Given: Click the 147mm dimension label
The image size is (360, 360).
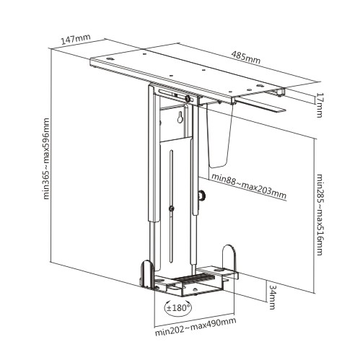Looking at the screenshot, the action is click(x=76, y=39).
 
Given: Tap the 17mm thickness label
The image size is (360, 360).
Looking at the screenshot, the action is click(x=319, y=105).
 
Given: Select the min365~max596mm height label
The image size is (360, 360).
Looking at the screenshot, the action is click(x=46, y=159).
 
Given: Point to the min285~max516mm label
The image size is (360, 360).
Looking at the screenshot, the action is click(x=320, y=214).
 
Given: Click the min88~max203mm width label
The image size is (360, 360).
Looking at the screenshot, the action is click(x=249, y=186).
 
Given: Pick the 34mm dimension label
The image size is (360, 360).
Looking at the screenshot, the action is click(x=272, y=297).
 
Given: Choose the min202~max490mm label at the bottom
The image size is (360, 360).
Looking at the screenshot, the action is click(x=196, y=327).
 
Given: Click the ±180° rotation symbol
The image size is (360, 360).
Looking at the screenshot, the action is click(x=178, y=307).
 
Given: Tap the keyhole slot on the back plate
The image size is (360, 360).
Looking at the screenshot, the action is click(x=180, y=117).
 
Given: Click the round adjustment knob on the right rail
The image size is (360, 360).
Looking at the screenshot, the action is click(x=201, y=195).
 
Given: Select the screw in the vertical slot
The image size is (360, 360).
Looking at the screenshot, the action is click(x=172, y=208).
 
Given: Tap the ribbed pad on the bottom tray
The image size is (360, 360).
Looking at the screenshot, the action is click(x=194, y=278).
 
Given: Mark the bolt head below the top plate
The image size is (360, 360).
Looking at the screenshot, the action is click(x=187, y=98).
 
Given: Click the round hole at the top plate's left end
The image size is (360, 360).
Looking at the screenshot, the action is click(x=110, y=58).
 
